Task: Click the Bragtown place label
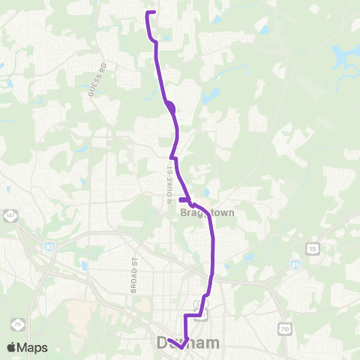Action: point(208,213)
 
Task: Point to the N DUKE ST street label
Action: point(170,184)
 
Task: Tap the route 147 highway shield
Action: point(10,216)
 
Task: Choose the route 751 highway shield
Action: point(16,324)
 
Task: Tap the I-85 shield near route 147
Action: point(49,247)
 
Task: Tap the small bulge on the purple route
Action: point(171,107)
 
